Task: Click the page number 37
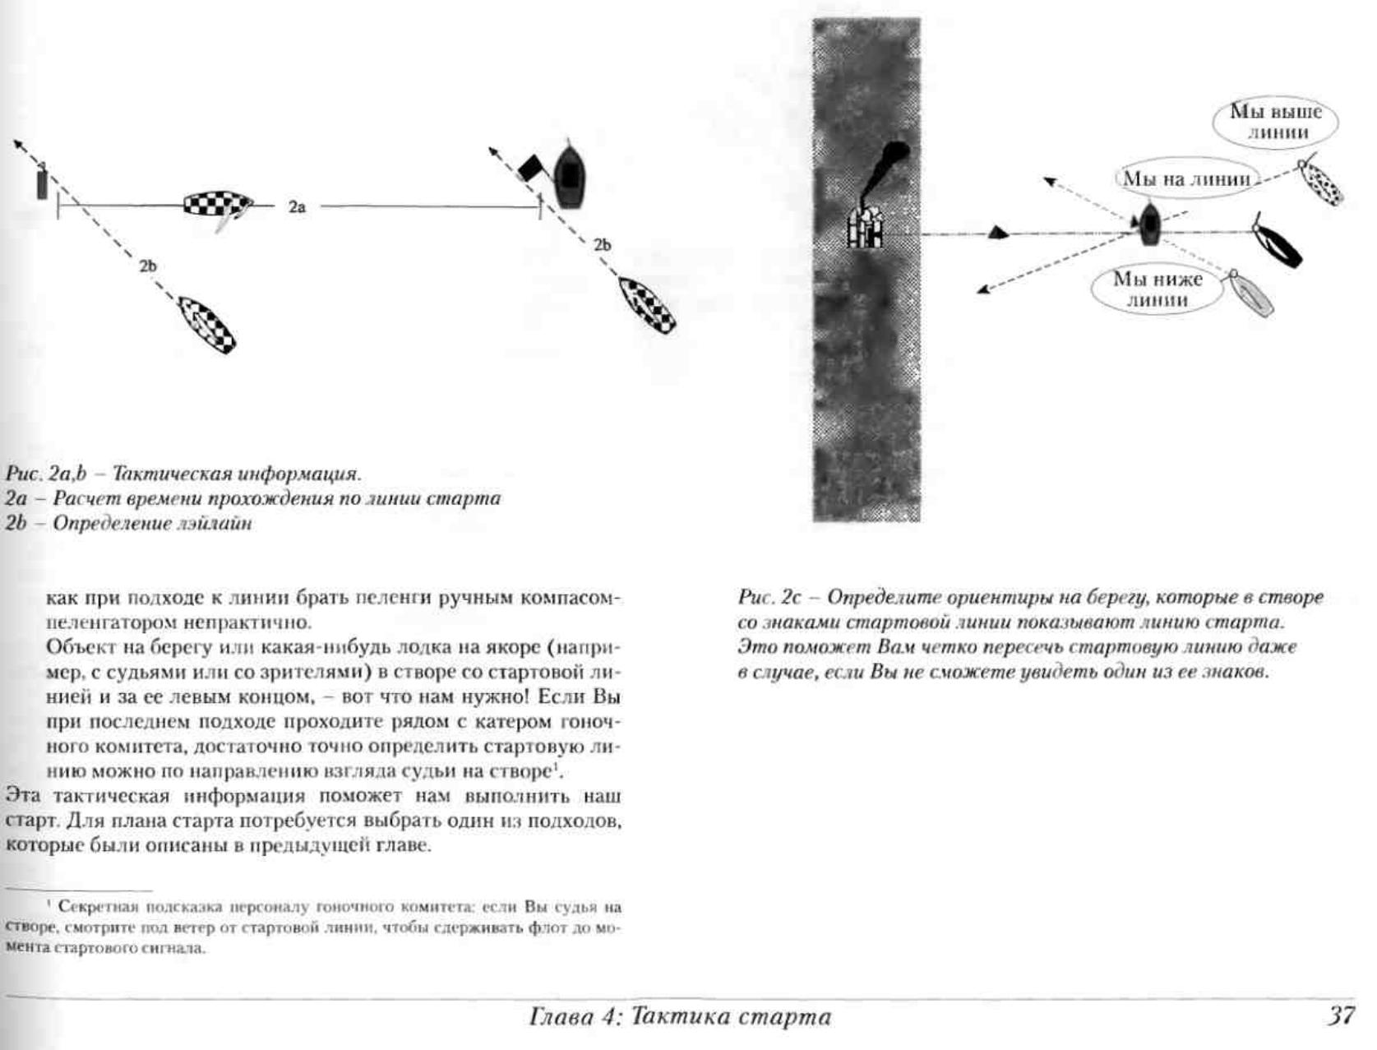(1340, 1016)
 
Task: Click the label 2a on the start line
(297, 207)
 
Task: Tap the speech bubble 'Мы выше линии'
(1275, 122)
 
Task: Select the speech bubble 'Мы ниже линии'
(1157, 289)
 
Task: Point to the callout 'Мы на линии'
(1186, 179)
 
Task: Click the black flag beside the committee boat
(531, 167)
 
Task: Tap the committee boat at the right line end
(569, 174)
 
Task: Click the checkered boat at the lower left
(207, 325)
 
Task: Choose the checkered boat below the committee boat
(647, 305)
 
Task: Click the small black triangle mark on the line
(998, 233)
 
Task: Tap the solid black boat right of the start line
(1279, 243)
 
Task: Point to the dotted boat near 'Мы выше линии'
(1319, 182)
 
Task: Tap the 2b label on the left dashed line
(148, 266)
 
